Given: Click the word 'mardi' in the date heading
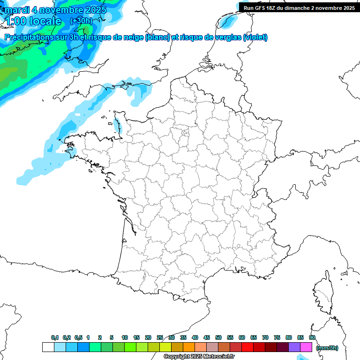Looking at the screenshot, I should tap(15, 9).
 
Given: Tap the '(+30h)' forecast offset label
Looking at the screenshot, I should tap(81, 21).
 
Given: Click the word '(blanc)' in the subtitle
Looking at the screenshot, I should tap(157, 37).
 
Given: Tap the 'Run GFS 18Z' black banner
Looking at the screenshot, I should tap(299, 8).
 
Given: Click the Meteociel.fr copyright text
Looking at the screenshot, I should tap(199, 357).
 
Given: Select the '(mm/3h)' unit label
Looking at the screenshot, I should tap(327, 347).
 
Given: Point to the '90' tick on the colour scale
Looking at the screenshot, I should tap(312, 337).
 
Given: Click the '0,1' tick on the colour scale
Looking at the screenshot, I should tap(54, 337).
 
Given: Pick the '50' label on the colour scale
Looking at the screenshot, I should tap(218, 337).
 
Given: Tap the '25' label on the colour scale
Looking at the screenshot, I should tap(160, 337).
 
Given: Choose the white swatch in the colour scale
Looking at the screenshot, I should tap(48, 347).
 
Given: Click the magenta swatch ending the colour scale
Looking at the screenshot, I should tap(306, 347).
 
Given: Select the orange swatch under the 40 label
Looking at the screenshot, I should tap(189, 347).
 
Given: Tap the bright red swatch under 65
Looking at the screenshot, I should tap(247, 347).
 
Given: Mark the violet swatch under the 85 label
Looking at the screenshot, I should tap(294, 347).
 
